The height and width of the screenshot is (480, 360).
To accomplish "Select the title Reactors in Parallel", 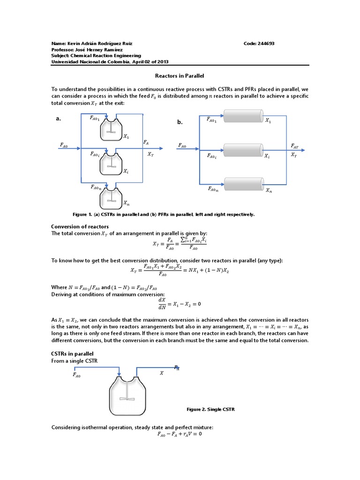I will [180, 75].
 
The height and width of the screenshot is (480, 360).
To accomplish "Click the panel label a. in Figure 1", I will [59, 119].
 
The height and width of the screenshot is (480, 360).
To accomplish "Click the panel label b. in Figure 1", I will [180, 122].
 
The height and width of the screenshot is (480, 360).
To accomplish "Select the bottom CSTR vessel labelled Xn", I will [111, 197].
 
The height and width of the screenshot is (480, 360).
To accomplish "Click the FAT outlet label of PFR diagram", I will [294, 146].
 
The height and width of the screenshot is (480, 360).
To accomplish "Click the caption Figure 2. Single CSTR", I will [210, 409].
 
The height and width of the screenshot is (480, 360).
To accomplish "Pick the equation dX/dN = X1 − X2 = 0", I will [180, 303].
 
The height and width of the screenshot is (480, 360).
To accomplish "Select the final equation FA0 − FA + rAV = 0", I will [180, 434].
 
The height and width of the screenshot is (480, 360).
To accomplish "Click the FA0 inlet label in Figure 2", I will [77, 375].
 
